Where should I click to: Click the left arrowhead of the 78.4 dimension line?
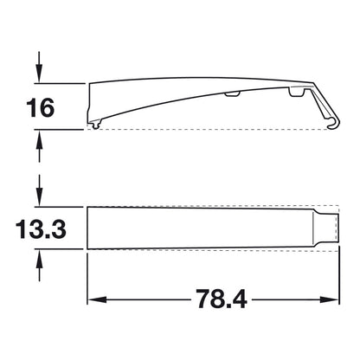pos(97,300)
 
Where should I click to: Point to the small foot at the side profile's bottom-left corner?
pos(93,126)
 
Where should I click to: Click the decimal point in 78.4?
pos(222,309)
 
